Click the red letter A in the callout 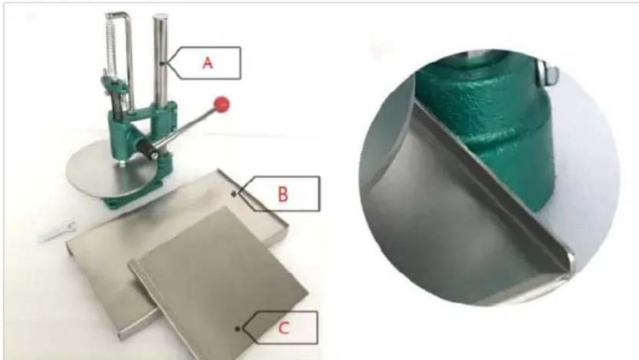[x=208, y=63]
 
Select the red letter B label [x=283, y=194]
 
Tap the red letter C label [x=284, y=328]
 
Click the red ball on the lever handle [x=222, y=105]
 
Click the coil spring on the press [x=110, y=45]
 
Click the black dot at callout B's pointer [x=234, y=194]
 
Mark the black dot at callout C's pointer [x=237, y=328]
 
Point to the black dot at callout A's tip [x=163, y=63]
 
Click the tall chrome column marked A [x=160, y=61]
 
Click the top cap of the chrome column [x=160, y=17]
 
